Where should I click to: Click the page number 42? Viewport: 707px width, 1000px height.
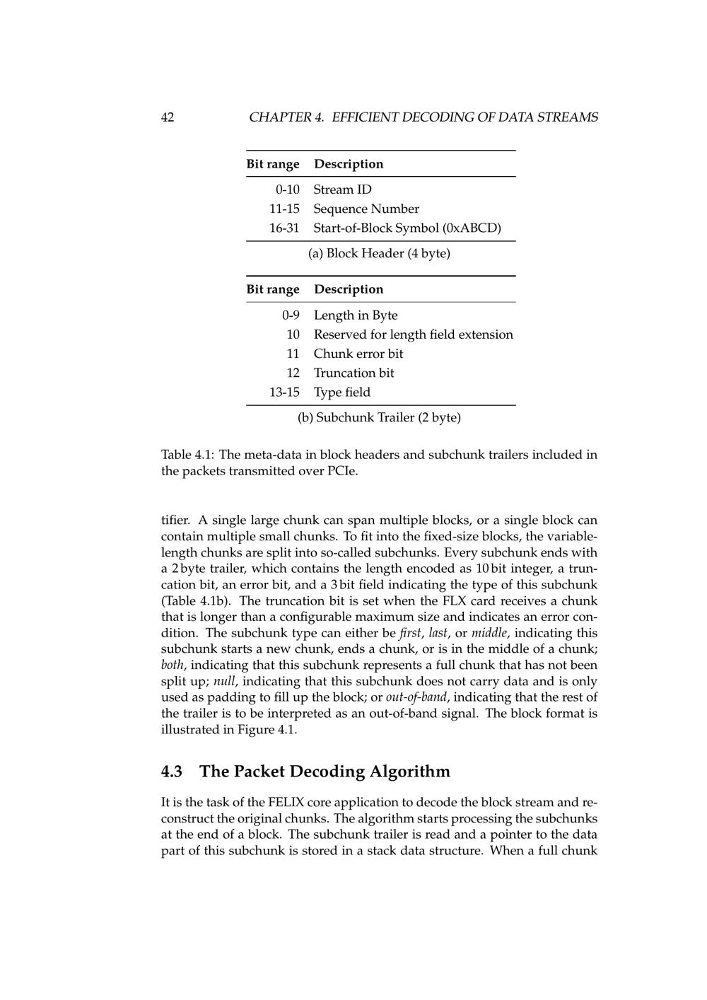tap(168, 117)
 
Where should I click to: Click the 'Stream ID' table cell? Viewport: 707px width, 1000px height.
tap(342, 190)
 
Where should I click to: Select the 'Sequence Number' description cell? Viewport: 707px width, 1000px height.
tap(366, 209)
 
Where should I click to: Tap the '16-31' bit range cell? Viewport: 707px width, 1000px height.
tap(284, 228)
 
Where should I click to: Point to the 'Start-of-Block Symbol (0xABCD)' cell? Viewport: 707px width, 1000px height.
tap(407, 228)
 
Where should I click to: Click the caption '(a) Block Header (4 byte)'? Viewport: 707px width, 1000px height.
tap(379, 253)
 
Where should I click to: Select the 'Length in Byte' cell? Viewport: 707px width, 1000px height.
tap(355, 315)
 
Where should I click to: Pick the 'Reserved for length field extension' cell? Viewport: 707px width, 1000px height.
tap(413, 334)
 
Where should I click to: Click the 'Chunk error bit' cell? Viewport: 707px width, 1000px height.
tap(358, 353)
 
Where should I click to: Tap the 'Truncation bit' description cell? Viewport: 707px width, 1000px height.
tap(353, 373)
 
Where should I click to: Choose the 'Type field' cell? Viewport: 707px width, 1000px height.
tap(341, 392)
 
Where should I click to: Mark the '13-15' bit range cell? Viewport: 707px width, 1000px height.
tap(284, 392)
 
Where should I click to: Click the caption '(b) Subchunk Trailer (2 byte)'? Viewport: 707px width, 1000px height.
tap(379, 417)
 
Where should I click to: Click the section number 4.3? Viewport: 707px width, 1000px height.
tap(172, 771)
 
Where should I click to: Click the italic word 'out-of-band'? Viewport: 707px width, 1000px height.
tap(416, 697)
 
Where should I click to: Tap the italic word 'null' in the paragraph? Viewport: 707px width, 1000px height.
tap(224, 681)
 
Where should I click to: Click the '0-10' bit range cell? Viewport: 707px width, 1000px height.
tap(287, 190)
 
